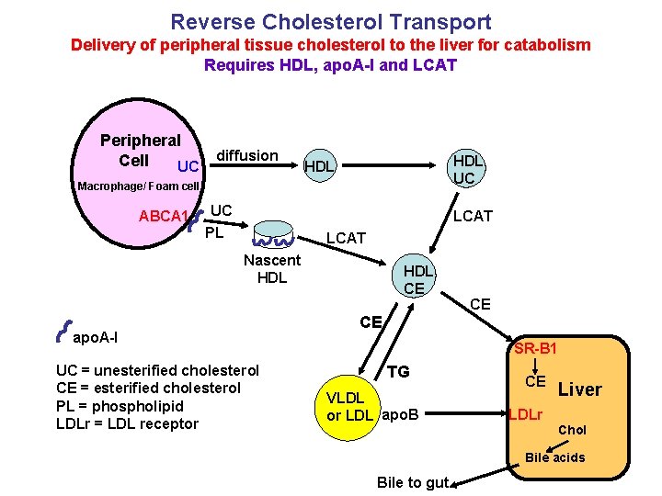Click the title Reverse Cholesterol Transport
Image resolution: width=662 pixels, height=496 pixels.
(331, 22)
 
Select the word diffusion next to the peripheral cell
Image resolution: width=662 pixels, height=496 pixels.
(247, 155)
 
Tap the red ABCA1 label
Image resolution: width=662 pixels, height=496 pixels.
(164, 218)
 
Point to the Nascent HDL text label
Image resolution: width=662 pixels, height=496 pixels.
(272, 269)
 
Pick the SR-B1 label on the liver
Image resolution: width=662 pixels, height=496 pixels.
(536, 348)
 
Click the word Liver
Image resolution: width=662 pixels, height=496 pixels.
(579, 389)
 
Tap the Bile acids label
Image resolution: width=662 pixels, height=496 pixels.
(555, 457)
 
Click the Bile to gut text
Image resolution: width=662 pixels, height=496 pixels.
(413, 482)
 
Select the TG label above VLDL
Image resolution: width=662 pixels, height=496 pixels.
(398, 372)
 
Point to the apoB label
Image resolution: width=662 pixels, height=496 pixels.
(400, 415)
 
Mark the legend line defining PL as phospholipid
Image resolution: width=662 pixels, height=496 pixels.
(120, 406)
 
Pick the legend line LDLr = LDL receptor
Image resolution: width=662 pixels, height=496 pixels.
(127, 423)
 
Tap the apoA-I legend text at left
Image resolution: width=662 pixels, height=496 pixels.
(95, 337)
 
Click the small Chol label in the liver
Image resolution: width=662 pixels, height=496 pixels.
(573, 430)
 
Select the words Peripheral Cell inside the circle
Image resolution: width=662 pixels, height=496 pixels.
(140, 150)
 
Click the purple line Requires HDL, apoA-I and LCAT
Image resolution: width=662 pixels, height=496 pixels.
(330, 65)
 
